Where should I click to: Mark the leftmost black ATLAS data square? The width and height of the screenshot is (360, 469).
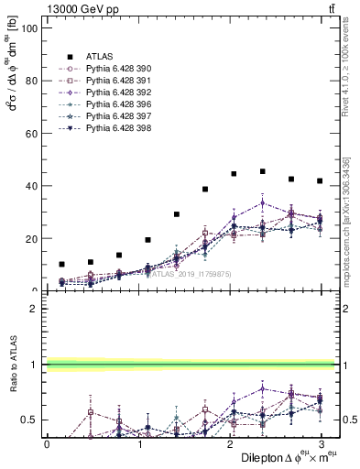[x=61, y=264]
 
